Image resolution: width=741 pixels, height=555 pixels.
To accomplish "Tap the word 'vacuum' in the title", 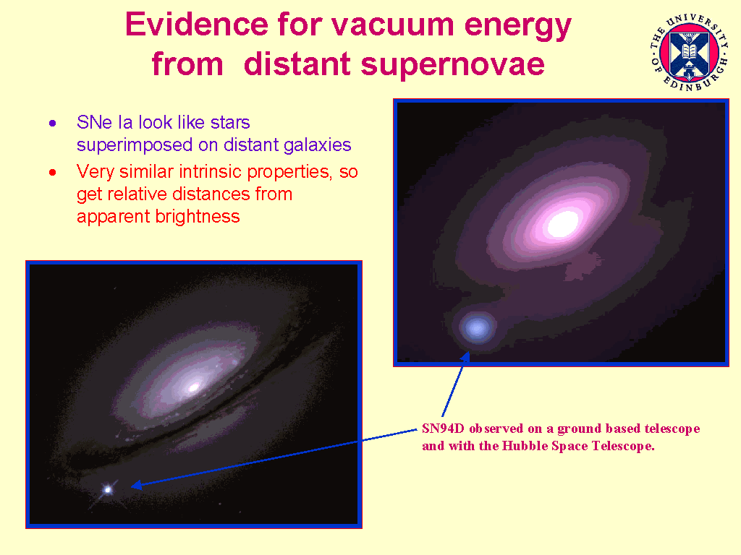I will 403,25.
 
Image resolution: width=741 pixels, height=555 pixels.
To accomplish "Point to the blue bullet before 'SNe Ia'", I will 52,124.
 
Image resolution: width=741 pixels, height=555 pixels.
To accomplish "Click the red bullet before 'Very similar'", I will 52,173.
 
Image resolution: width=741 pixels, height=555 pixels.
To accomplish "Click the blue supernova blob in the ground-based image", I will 477,328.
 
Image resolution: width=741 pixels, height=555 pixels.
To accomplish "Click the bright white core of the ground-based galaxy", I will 562,223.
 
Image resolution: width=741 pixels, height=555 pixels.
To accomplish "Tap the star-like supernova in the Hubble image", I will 108,489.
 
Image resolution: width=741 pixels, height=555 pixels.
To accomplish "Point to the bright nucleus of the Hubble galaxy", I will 193,387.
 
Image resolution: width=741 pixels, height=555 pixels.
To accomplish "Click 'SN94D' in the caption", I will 444,429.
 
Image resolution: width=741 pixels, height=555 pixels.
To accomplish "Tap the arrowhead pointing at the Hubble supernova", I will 136,485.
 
